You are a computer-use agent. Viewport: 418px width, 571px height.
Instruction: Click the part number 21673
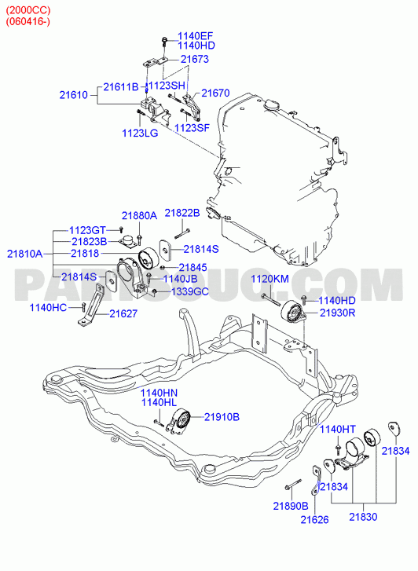point(195,59)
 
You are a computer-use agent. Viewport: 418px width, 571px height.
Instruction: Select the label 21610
point(74,95)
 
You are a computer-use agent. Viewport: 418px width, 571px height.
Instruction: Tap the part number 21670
point(215,93)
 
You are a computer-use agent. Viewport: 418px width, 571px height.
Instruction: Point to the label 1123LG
point(140,134)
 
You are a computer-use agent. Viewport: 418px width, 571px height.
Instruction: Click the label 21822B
point(182,213)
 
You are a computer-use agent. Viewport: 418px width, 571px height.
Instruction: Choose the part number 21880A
point(139,216)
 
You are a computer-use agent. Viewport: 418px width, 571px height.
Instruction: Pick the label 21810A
point(25,254)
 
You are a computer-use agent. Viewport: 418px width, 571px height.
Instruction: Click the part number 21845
point(192,268)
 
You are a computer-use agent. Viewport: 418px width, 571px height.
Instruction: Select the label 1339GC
point(190,291)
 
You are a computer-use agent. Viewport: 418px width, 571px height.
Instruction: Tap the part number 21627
point(123,314)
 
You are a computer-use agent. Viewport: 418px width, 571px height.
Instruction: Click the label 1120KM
point(270,280)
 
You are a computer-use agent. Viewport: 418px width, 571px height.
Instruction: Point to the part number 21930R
point(337,313)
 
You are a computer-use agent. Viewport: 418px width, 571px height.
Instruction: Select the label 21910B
point(222,417)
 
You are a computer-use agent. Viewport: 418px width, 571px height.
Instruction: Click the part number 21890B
point(291,506)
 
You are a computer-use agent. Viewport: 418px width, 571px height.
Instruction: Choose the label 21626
point(314,520)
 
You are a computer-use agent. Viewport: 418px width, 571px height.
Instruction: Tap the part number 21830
point(363,517)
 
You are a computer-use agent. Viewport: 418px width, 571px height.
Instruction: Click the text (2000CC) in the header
point(28,10)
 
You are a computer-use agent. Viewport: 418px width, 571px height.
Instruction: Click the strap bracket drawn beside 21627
point(91,306)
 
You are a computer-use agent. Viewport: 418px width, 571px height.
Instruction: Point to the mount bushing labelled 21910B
point(179,423)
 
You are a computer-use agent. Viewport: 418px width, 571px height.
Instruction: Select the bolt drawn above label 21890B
point(293,485)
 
